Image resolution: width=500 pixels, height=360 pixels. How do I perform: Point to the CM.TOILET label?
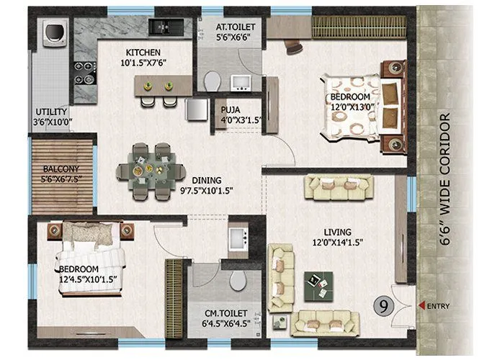tap(226, 312)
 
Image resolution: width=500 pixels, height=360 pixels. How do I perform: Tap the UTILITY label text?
tap(52, 112)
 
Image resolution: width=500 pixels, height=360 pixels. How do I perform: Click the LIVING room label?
tap(337, 232)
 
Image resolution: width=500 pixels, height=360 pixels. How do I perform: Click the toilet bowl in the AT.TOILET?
tap(210, 82)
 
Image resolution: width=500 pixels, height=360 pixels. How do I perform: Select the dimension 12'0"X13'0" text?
tap(350, 107)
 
